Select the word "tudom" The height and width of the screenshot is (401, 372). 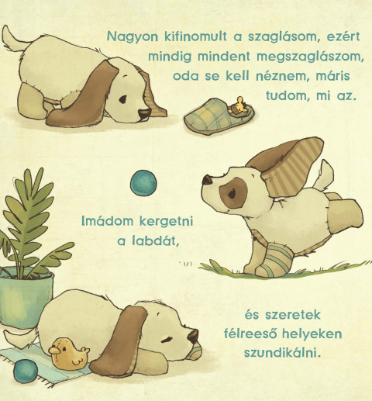point(288,95)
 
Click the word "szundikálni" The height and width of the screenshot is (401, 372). point(283,353)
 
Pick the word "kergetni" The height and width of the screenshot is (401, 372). point(167,222)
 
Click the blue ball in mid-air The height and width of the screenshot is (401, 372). point(143,183)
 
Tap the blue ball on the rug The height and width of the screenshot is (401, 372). point(26,372)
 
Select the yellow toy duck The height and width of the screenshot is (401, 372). point(68,354)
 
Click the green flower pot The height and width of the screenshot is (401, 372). point(25,297)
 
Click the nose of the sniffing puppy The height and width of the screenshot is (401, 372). point(144,114)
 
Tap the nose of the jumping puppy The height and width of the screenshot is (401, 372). point(208,180)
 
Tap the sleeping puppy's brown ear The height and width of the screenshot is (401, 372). point(119,342)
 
